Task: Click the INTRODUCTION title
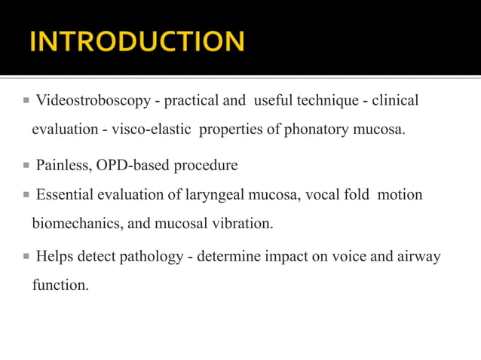pyautogui.click(x=137, y=41)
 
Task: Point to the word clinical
pyautogui.click(x=394, y=100)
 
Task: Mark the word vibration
pyautogui.click(x=244, y=224)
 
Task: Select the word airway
pyautogui.click(x=418, y=257)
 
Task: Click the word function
pyautogui.click(x=60, y=285)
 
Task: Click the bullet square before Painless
pyautogui.click(x=26, y=164)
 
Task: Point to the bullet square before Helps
pyautogui.click(x=26, y=256)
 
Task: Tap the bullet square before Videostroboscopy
pyautogui.click(x=26, y=99)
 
